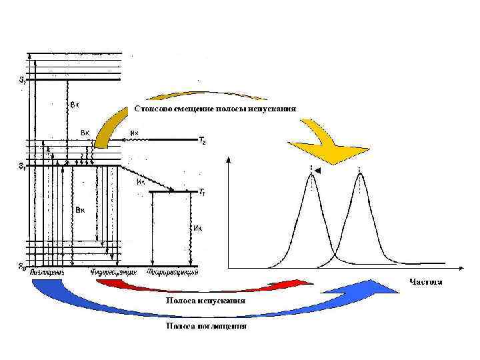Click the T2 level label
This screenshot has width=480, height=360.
202,141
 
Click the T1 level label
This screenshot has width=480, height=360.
202,192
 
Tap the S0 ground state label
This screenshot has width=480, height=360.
23,267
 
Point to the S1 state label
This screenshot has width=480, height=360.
23,166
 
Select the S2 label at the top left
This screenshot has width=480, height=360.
23,80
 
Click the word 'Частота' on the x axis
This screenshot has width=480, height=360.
426,282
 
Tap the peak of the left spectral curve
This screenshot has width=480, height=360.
311,174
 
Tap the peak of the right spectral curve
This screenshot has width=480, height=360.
360,174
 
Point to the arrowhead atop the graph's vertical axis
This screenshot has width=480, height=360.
229,159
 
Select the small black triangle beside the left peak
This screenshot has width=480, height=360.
318,172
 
